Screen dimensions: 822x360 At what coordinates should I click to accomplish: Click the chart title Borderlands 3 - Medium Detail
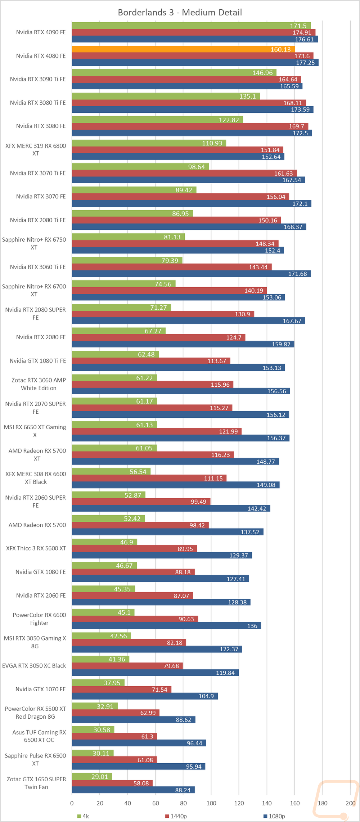(180, 13)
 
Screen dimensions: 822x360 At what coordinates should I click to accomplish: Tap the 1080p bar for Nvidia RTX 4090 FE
(194, 39)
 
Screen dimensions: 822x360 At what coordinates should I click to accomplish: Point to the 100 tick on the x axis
(211, 803)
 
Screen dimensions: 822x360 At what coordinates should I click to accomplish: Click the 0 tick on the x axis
(72, 803)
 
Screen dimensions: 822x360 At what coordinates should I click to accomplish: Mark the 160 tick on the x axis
(295, 803)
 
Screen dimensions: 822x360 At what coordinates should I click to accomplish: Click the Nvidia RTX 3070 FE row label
(41, 197)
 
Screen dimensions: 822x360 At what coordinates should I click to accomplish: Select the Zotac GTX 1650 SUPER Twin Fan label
(36, 783)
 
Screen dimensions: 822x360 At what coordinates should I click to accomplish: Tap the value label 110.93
(212, 143)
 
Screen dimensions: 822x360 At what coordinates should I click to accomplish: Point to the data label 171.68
(297, 274)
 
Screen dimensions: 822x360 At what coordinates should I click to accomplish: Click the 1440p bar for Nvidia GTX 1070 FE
(122, 690)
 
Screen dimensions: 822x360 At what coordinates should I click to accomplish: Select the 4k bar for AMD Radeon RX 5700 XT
(114, 448)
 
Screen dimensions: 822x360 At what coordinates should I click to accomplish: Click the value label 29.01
(100, 777)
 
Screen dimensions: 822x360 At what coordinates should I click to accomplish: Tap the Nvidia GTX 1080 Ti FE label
(38, 361)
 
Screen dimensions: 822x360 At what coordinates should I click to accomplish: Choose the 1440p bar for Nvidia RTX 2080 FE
(158, 337)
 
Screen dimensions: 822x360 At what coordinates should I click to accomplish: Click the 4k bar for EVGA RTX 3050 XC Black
(100, 659)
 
